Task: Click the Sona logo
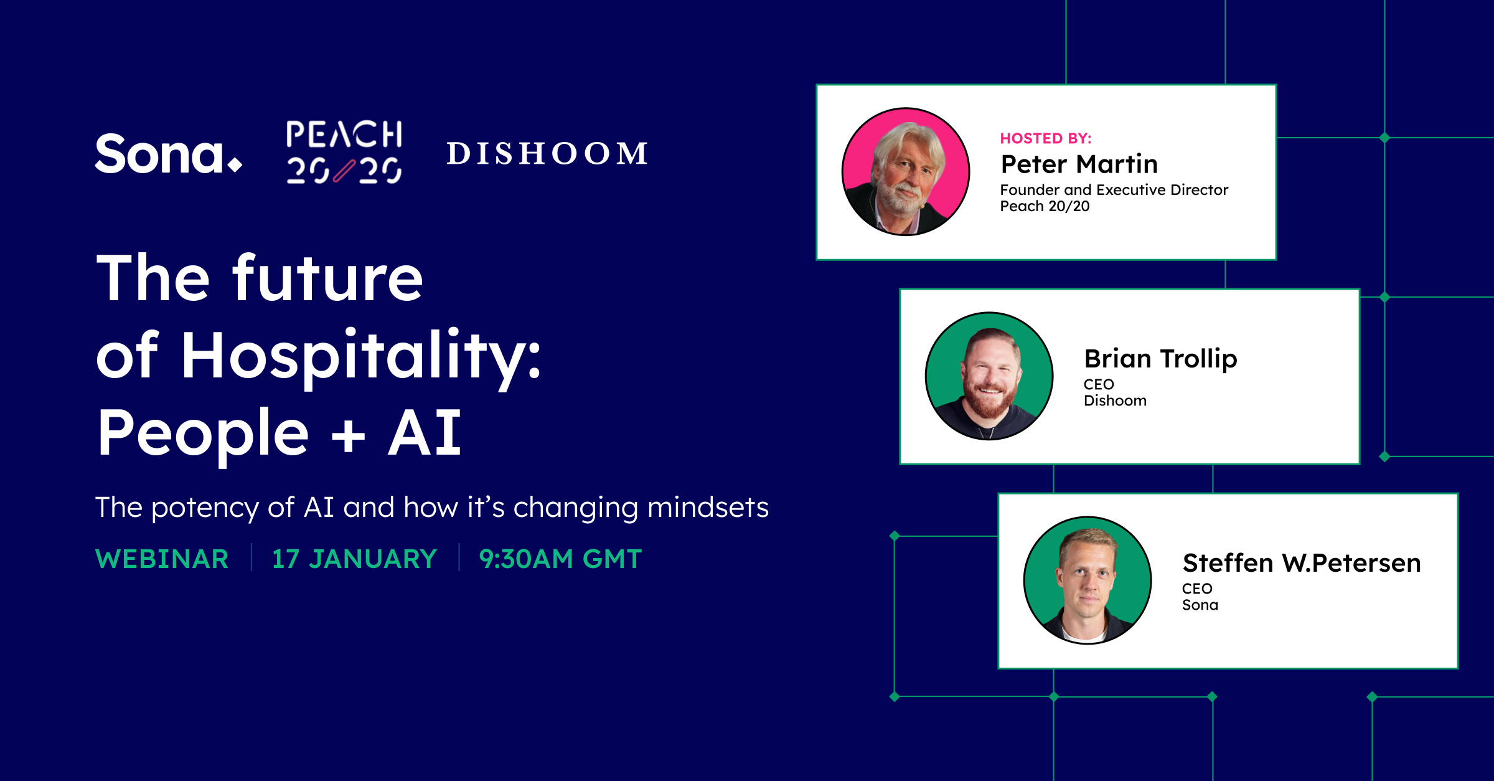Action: pyautogui.click(x=168, y=154)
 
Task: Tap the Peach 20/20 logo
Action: pyautogui.click(x=344, y=153)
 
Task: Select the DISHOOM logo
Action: pyautogui.click(x=547, y=154)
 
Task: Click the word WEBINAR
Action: pyautogui.click(x=162, y=559)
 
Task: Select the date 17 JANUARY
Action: pyautogui.click(x=355, y=559)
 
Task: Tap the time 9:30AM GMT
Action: pyautogui.click(x=560, y=559)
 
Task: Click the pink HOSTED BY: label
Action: pyautogui.click(x=1046, y=138)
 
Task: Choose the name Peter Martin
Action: pyautogui.click(x=1079, y=164)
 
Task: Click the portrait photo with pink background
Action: pyautogui.click(x=906, y=172)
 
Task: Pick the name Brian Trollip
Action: pyautogui.click(x=1160, y=359)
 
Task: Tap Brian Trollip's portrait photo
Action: pyautogui.click(x=989, y=376)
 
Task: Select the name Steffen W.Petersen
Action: pyautogui.click(x=1302, y=563)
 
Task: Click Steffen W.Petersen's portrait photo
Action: pyautogui.click(x=1088, y=580)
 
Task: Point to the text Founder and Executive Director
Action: pyautogui.click(x=1114, y=190)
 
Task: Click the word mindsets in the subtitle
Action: pyautogui.click(x=708, y=508)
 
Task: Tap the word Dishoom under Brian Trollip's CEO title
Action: pyautogui.click(x=1115, y=401)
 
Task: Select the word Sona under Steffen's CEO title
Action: pyautogui.click(x=1200, y=605)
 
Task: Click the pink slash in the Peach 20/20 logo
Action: pyautogui.click(x=344, y=171)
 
